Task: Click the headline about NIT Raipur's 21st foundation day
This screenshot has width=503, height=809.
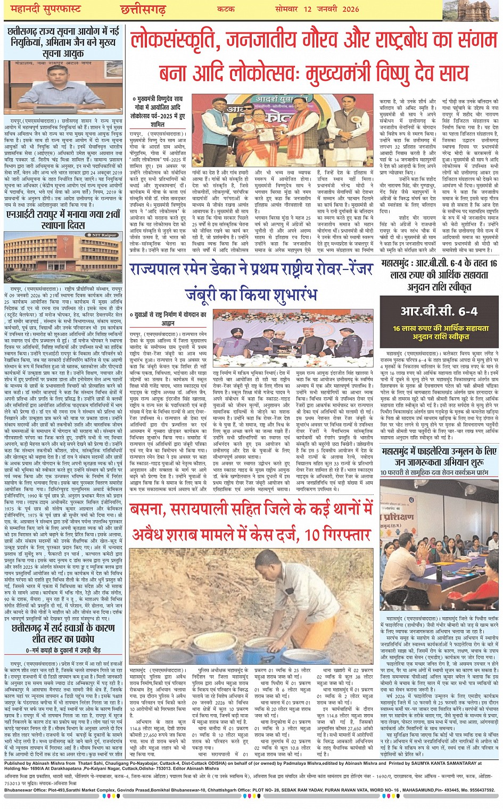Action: tap(63, 219)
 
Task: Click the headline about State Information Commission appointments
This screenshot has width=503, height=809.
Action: tap(63, 42)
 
